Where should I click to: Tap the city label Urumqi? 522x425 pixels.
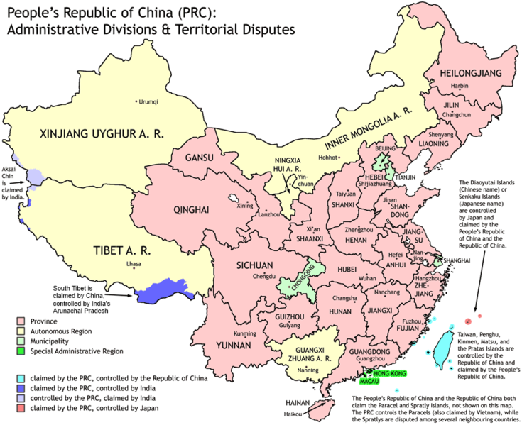148,101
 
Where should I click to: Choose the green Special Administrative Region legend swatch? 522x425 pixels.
21,351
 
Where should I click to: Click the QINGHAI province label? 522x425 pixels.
191,209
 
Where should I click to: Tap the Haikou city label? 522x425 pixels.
293,412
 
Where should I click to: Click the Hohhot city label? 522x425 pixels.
328,158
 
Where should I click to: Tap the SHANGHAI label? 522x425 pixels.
457,261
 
